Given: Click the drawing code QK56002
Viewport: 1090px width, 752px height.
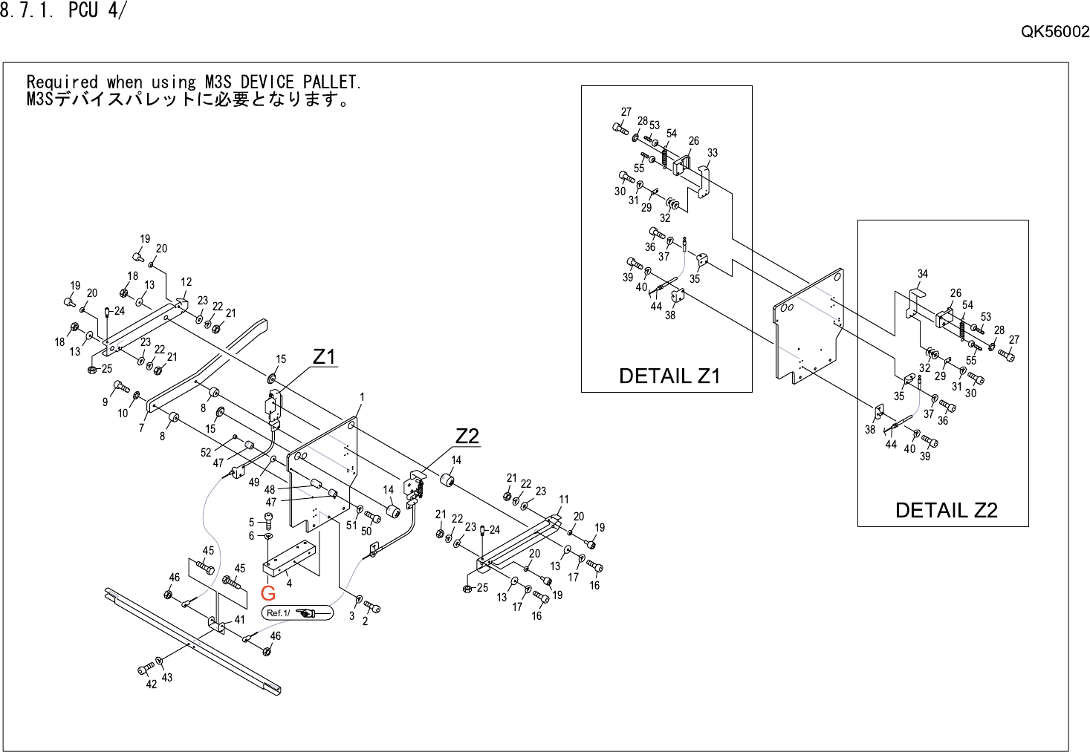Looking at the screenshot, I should point(1054,31).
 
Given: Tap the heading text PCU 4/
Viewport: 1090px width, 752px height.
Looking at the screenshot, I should point(97,10).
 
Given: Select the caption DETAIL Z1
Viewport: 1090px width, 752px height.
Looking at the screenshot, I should point(669,376).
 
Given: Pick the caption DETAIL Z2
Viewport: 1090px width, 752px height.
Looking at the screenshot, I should point(946,510).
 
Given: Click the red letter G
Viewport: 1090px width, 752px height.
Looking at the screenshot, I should point(268,593).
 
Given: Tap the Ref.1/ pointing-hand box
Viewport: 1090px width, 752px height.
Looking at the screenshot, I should point(297,612).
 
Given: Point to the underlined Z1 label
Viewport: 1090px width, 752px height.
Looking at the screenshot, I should point(324,357).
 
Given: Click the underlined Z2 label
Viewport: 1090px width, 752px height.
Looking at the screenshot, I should point(467,437).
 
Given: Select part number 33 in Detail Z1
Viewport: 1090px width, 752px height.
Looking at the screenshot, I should point(713,153).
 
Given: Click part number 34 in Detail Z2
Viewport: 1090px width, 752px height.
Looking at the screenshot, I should point(923,274).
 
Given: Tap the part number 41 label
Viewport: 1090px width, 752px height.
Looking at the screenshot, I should point(239,620).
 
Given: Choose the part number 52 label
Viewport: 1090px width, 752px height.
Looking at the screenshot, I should point(206,452).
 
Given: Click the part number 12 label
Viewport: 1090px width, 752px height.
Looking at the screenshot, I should point(186,282).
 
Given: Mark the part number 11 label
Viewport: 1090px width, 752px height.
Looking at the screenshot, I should point(564,500).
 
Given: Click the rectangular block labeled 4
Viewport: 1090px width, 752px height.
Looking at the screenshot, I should point(290,560).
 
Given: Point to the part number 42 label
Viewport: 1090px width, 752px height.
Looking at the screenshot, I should point(152,684).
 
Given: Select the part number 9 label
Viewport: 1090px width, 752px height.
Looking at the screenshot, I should point(105,402).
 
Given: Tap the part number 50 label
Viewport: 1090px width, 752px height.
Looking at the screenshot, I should point(366,532).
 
